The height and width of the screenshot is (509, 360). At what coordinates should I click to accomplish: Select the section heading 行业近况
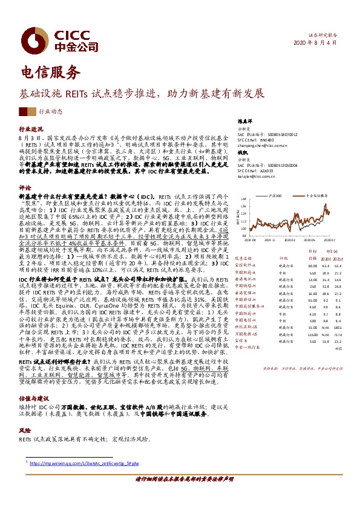click(x=31, y=129)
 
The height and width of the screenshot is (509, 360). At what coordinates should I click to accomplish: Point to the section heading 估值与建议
click(x=34, y=382)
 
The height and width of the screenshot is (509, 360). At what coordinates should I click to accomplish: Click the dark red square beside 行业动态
click(x=23, y=111)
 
